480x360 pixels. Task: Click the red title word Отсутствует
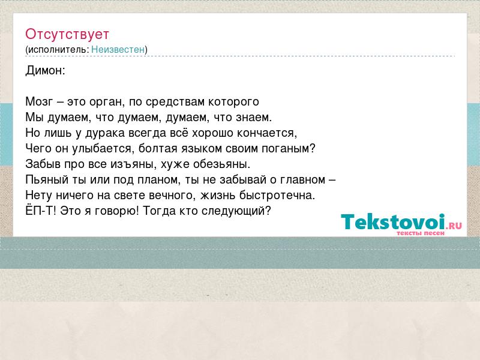(67, 34)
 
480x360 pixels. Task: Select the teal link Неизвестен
(118, 49)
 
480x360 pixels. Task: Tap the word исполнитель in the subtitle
(57, 50)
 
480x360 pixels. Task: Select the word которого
(233, 102)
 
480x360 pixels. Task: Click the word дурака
(105, 133)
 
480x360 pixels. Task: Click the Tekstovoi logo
(401, 224)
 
